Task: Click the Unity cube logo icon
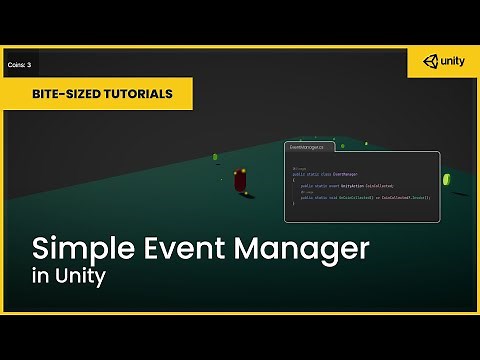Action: tap(430, 61)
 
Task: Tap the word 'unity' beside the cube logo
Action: tap(451, 62)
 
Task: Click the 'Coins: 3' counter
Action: tap(19, 65)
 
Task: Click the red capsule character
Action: tap(240, 181)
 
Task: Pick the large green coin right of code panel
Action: tap(447, 180)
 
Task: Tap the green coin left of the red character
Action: tap(214, 157)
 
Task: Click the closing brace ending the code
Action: tap(294, 205)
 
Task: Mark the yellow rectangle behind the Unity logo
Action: tap(443, 61)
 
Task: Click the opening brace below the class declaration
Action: tap(294, 179)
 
